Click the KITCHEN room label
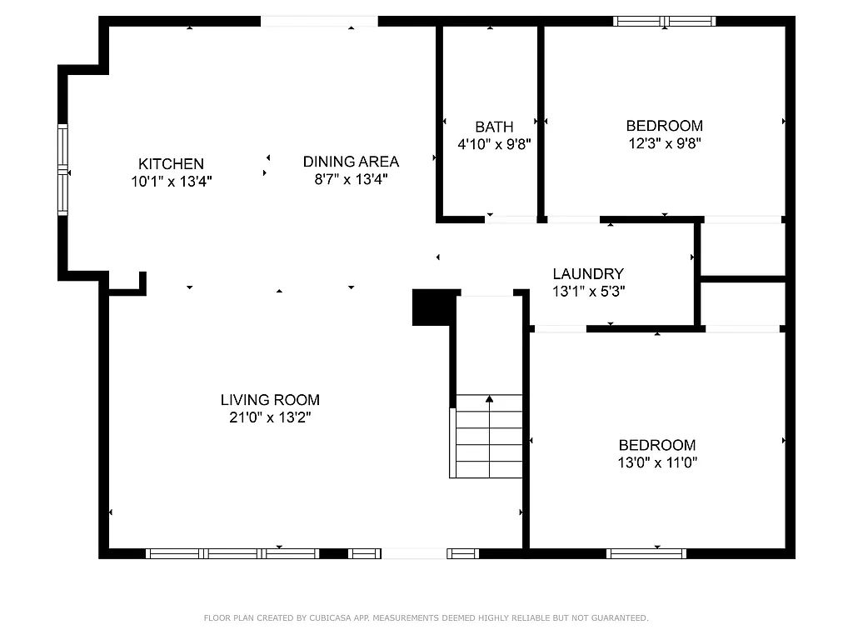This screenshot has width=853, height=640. click(x=171, y=164)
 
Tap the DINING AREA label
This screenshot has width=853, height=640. click(x=351, y=162)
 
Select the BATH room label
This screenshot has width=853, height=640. click(x=494, y=127)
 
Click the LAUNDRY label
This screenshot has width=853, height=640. click(x=588, y=274)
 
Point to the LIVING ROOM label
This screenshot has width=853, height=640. click(x=270, y=400)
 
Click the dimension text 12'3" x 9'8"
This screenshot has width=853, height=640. click(x=664, y=143)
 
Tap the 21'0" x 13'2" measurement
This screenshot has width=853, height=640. click(x=270, y=417)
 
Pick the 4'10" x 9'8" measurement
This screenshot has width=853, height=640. click(x=494, y=144)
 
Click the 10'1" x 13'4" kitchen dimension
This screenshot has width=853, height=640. click(x=171, y=181)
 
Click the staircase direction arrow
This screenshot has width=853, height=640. click(x=489, y=399)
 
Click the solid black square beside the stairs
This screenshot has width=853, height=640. click(x=433, y=307)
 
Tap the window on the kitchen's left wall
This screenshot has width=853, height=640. click(x=62, y=169)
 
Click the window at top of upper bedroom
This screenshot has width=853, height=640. click(x=664, y=21)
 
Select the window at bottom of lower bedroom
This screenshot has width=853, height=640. click(x=646, y=553)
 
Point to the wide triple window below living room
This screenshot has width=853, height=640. click(x=232, y=553)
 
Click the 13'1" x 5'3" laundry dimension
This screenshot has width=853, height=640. click(x=588, y=292)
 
